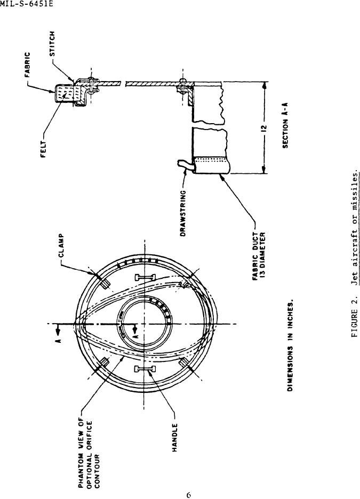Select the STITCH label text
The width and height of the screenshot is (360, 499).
(53, 44)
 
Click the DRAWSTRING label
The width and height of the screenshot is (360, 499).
(183, 214)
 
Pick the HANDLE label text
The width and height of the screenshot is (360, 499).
(175, 438)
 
